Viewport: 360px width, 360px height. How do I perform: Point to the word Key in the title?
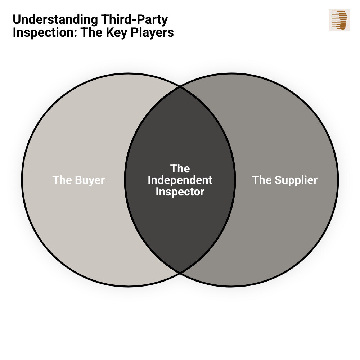tap(112, 32)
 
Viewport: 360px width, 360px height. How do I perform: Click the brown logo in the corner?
tap(339, 20)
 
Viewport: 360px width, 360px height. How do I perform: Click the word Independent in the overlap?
tap(180, 180)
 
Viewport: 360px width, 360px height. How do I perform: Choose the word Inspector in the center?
tap(180, 192)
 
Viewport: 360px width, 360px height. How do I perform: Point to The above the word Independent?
tap(180, 168)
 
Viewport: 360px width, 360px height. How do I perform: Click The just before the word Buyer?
tap(62, 180)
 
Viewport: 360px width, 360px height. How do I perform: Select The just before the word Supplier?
tap(261, 180)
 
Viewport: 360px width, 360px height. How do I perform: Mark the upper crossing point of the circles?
tap(180, 87)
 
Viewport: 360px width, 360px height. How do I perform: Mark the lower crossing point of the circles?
tap(180, 273)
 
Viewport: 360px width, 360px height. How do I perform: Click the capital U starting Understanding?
tap(17, 20)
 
